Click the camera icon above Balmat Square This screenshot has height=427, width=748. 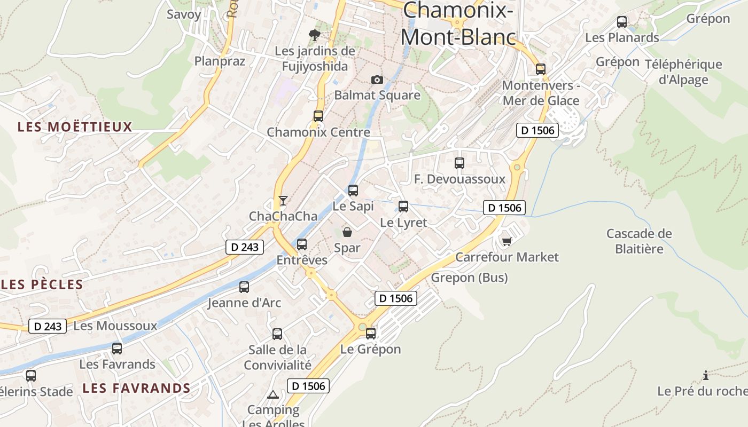[377, 80]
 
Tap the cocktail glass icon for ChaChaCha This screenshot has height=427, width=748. [283, 201]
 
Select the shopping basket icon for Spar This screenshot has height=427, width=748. [347, 232]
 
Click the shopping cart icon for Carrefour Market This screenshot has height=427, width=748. [507, 241]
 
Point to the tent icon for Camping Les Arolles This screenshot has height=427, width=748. [273, 395]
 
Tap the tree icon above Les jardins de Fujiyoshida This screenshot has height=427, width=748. [315, 35]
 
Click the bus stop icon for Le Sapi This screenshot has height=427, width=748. [353, 190]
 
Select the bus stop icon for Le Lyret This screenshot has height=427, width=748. [403, 206]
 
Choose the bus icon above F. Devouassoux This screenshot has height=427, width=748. [459, 163]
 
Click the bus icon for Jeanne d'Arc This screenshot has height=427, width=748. [244, 287]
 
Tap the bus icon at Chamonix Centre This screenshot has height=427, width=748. [318, 116]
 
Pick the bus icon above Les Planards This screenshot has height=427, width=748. [622, 22]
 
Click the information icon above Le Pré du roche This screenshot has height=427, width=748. [706, 375]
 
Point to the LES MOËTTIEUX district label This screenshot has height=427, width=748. [75, 127]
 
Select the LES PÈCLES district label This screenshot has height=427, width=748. [43, 284]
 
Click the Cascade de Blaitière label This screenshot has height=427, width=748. [639, 241]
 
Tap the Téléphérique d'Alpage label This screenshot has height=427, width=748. [683, 72]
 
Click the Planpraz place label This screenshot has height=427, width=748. [220, 61]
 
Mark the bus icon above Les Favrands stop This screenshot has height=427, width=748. [117, 349]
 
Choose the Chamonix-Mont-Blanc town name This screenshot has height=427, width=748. [458, 24]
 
